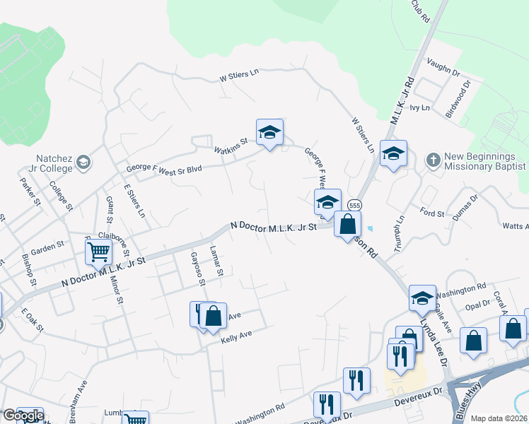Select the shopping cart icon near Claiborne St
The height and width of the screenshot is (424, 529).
point(98,251)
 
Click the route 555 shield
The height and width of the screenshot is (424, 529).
point(355,205)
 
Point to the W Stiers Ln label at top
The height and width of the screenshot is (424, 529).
point(240,74)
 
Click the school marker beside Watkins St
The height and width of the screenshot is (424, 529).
point(269,132)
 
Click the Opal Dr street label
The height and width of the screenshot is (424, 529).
point(477,304)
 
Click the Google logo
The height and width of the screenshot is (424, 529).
point(23,416)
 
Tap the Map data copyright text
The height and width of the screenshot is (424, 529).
point(499,418)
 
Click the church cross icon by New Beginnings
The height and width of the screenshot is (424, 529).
point(433,160)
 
